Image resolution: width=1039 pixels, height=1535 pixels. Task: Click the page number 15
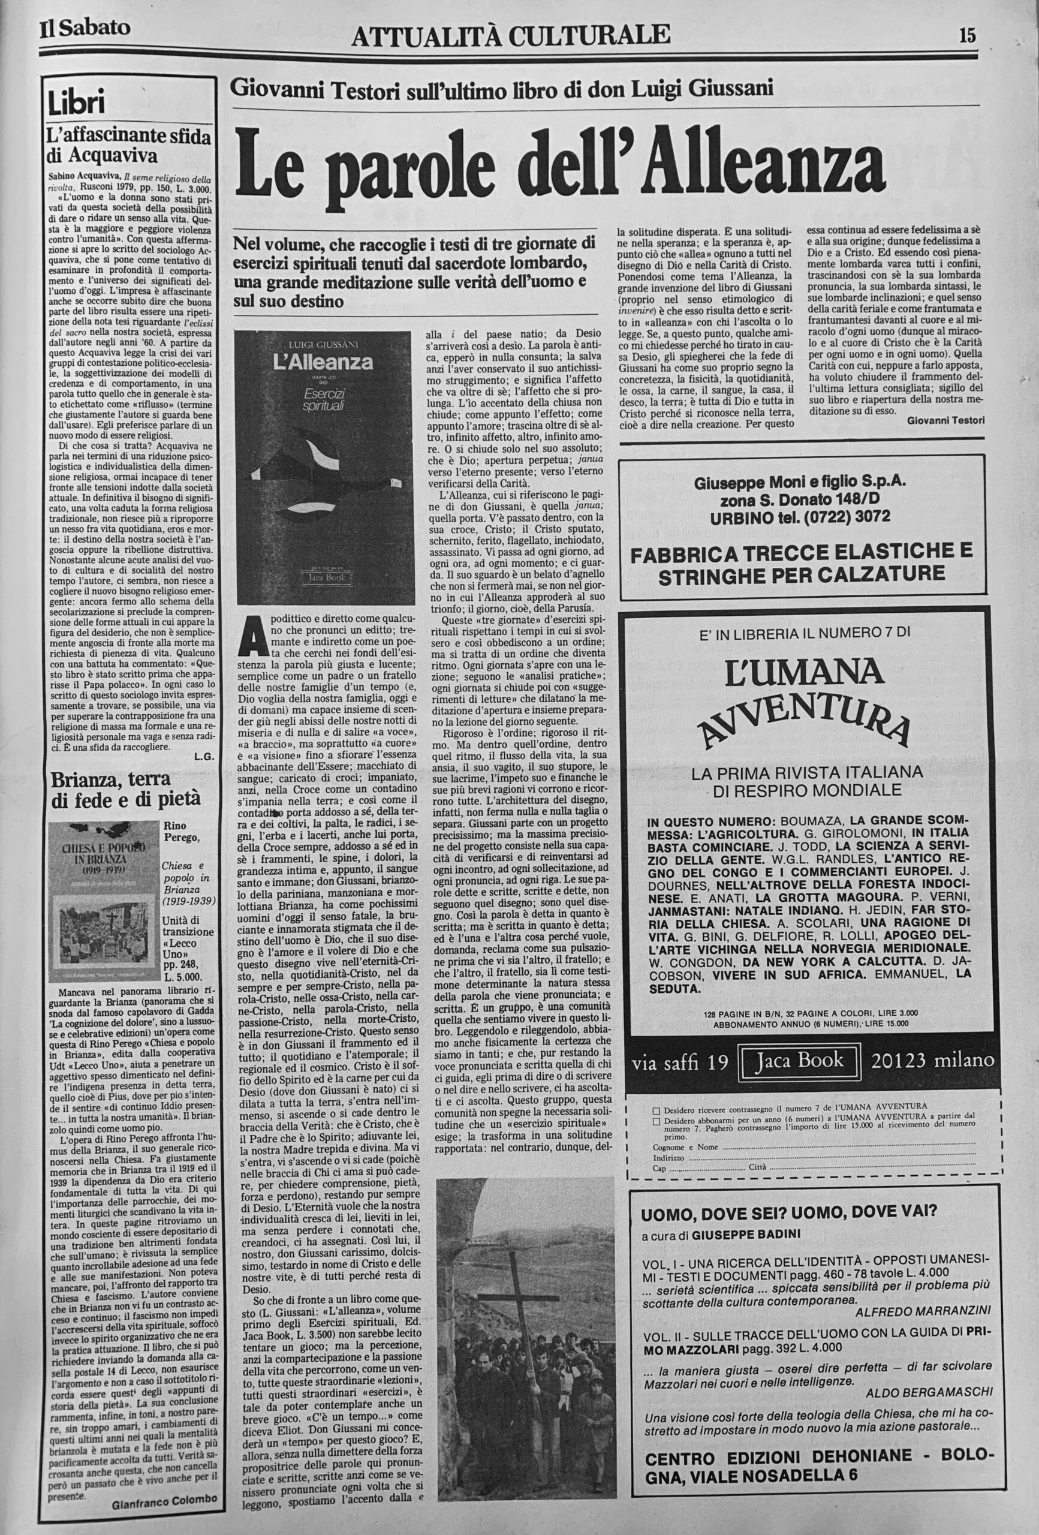tap(967, 35)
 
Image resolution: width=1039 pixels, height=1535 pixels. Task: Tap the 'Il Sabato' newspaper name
tap(85, 28)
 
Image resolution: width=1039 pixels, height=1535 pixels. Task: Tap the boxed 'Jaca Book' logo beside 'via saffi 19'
tap(800, 1061)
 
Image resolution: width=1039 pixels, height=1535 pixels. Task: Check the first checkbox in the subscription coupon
tap(656, 1105)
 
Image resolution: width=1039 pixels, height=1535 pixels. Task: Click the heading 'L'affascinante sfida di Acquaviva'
tap(129, 146)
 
